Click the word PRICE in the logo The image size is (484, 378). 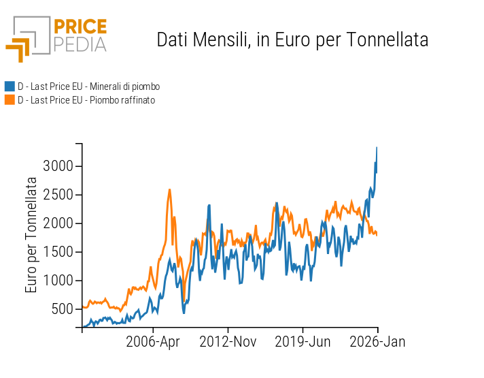click(x=80, y=27)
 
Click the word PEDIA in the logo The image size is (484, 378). click(x=80, y=44)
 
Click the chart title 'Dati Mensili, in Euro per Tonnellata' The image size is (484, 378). click(x=292, y=40)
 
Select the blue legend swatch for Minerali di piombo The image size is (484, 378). click(x=10, y=86)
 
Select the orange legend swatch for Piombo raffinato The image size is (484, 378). click(x=10, y=100)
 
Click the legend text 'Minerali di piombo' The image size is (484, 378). click(x=88, y=86)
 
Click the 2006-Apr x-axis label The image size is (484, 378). click(x=153, y=342)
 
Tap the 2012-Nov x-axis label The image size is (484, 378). click(x=228, y=342)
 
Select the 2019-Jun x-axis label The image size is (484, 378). click(x=302, y=342)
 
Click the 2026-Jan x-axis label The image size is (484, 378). click(x=377, y=342)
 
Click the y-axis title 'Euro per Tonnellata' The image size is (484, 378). click(x=32, y=235)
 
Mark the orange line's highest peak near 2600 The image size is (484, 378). click(x=169, y=189)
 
